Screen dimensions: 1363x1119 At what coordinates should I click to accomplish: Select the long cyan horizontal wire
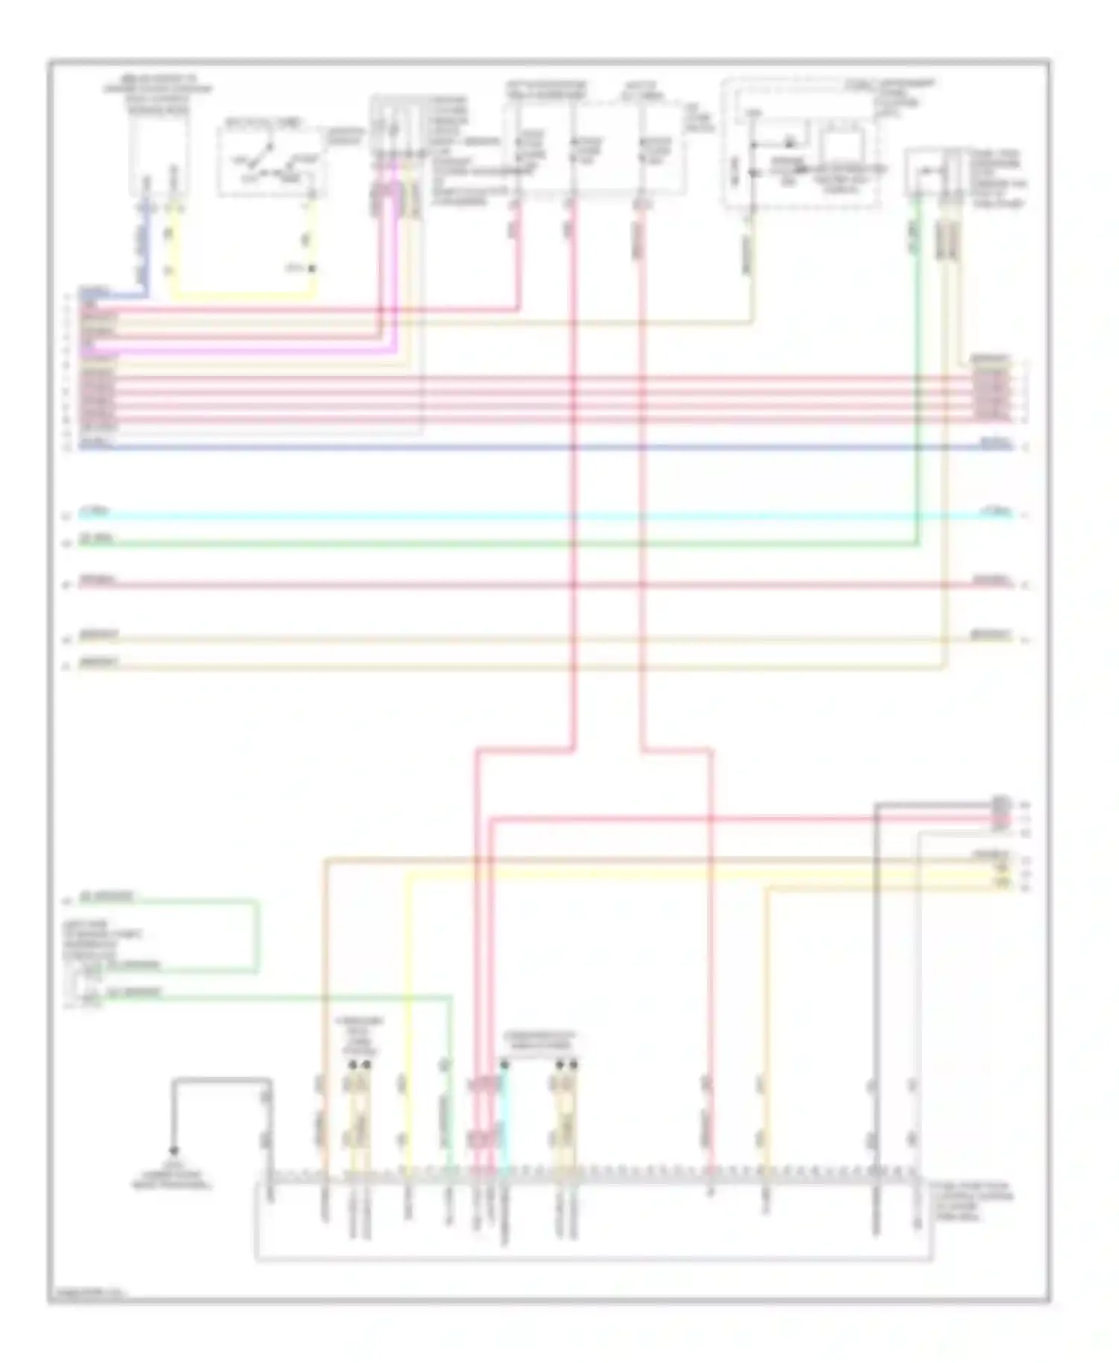click(x=545, y=515)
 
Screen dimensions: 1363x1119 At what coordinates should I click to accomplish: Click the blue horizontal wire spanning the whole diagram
click(x=545, y=447)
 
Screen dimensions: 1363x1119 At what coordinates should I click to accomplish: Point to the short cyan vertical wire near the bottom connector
click(x=504, y=1118)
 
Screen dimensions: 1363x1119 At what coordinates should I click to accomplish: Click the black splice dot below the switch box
click(x=313, y=268)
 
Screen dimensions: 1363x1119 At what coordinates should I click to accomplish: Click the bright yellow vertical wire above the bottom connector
click(x=407, y=1007)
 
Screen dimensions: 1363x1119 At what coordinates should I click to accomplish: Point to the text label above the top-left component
click(x=158, y=95)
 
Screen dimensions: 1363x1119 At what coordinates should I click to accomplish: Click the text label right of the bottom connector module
click(x=979, y=1201)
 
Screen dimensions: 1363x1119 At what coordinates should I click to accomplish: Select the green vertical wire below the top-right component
click(x=917, y=373)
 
